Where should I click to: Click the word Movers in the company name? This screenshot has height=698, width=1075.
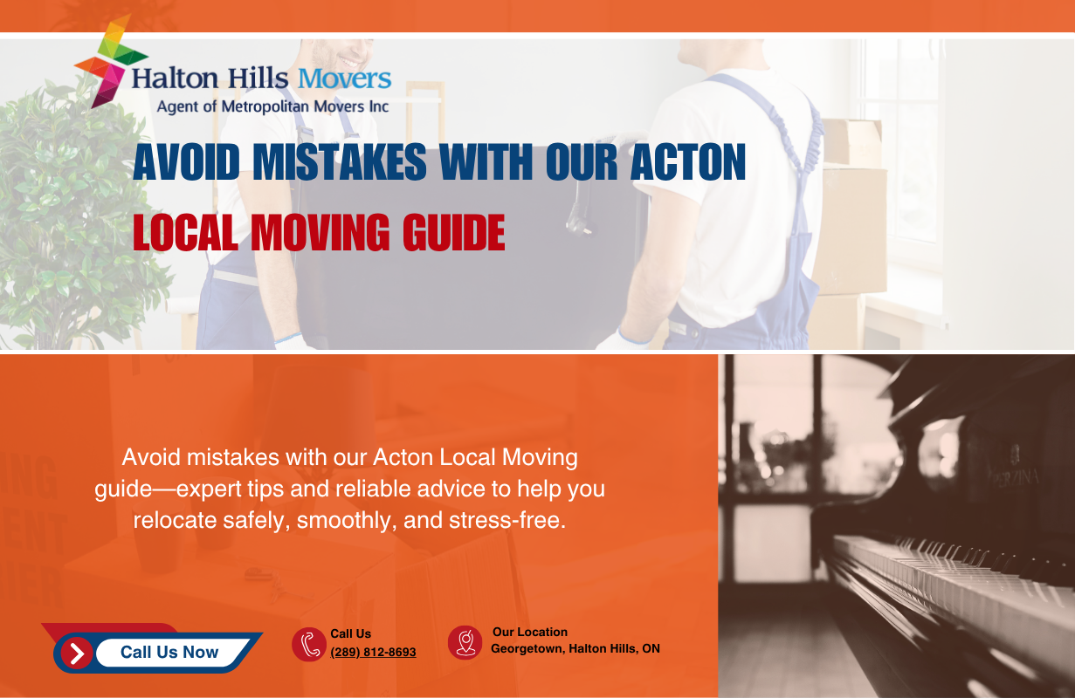pos(344,79)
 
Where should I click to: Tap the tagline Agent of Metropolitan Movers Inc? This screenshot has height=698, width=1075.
pos(272,107)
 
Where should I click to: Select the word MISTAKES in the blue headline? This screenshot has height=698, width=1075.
pos(339,163)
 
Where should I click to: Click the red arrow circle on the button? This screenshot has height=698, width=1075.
pos(77,653)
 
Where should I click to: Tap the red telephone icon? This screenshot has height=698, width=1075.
pos(308,645)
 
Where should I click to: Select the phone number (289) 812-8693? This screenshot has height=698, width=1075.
pos(373,652)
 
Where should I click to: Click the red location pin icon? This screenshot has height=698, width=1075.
pos(465,642)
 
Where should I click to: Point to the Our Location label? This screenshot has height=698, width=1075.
pos(529,632)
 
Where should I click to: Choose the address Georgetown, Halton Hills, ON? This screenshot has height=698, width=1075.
pos(575,648)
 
